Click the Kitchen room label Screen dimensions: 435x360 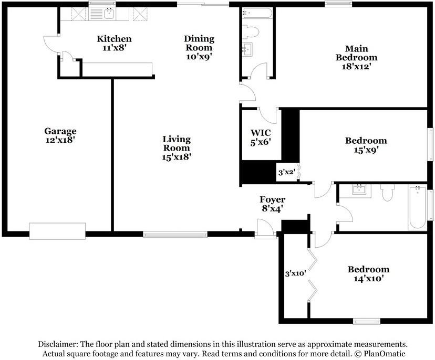click(x=114, y=39)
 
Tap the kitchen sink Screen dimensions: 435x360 click(x=110, y=13)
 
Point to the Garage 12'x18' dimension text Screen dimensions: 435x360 click(x=60, y=140)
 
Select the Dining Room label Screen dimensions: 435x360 click(x=199, y=43)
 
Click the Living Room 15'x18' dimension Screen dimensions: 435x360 click(x=177, y=157)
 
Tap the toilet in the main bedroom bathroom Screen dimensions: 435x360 click(x=251, y=31)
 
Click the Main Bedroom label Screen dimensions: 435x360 click(x=357, y=53)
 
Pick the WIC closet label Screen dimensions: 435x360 click(x=261, y=133)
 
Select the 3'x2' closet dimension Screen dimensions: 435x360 click(x=286, y=172)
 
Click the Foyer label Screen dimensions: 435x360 click(x=273, y=199)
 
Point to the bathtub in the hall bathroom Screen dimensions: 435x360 click(x=417, y=207)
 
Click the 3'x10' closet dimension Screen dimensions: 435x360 click(x=295, y=273)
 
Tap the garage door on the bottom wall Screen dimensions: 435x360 click(x=57, y=231)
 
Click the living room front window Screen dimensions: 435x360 click(x=175, y=235)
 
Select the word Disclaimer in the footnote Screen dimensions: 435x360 click(x=58, y=344)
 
